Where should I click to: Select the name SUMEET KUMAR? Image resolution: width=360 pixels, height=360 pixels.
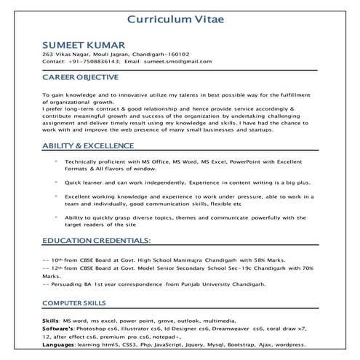(83, 44)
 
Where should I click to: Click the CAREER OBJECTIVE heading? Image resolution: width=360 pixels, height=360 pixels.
(80, 76)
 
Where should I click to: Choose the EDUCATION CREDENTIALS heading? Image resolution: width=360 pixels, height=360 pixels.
(96, 240)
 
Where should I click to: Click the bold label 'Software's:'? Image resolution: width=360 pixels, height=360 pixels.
(62, 328)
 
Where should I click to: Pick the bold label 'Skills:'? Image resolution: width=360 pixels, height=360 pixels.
(51, 320)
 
